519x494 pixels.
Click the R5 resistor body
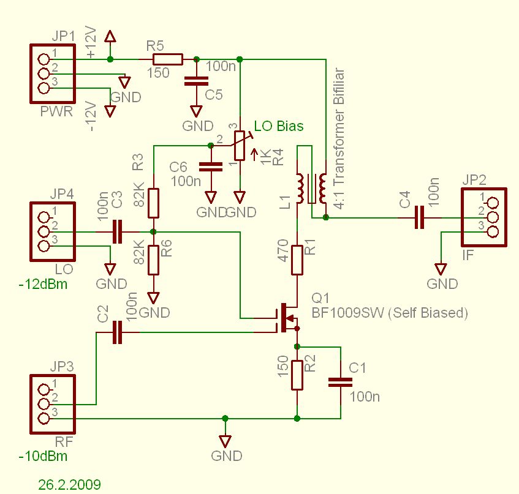167,59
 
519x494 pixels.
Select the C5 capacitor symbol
196,81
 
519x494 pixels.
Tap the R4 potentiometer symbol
240,146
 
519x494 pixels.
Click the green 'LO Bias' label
279,126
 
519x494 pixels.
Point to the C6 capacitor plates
211,167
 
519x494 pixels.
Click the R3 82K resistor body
153,203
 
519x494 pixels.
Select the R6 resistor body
153,260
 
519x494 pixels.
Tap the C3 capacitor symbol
117,232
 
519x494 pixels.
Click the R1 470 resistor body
297,260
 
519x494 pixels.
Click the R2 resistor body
297,375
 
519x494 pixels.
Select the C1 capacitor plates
340,383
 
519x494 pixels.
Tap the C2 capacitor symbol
117,332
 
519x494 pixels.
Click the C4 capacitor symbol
419,217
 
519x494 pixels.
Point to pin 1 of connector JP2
493,203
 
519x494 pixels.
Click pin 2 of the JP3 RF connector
44,404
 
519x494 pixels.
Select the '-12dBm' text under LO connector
43,285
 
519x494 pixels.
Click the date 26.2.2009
69,485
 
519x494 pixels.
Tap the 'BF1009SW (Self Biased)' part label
390,313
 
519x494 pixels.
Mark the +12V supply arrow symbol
110,36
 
